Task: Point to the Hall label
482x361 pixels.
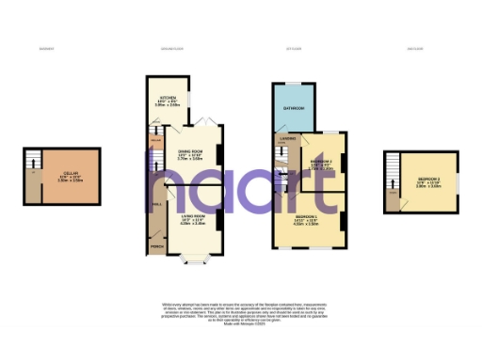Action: tap(156, 205)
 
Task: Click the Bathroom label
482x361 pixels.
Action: tap(294, 108)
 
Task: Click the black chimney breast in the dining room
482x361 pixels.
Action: tap(220, 155)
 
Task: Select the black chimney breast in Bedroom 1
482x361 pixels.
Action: tap(342, 222)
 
